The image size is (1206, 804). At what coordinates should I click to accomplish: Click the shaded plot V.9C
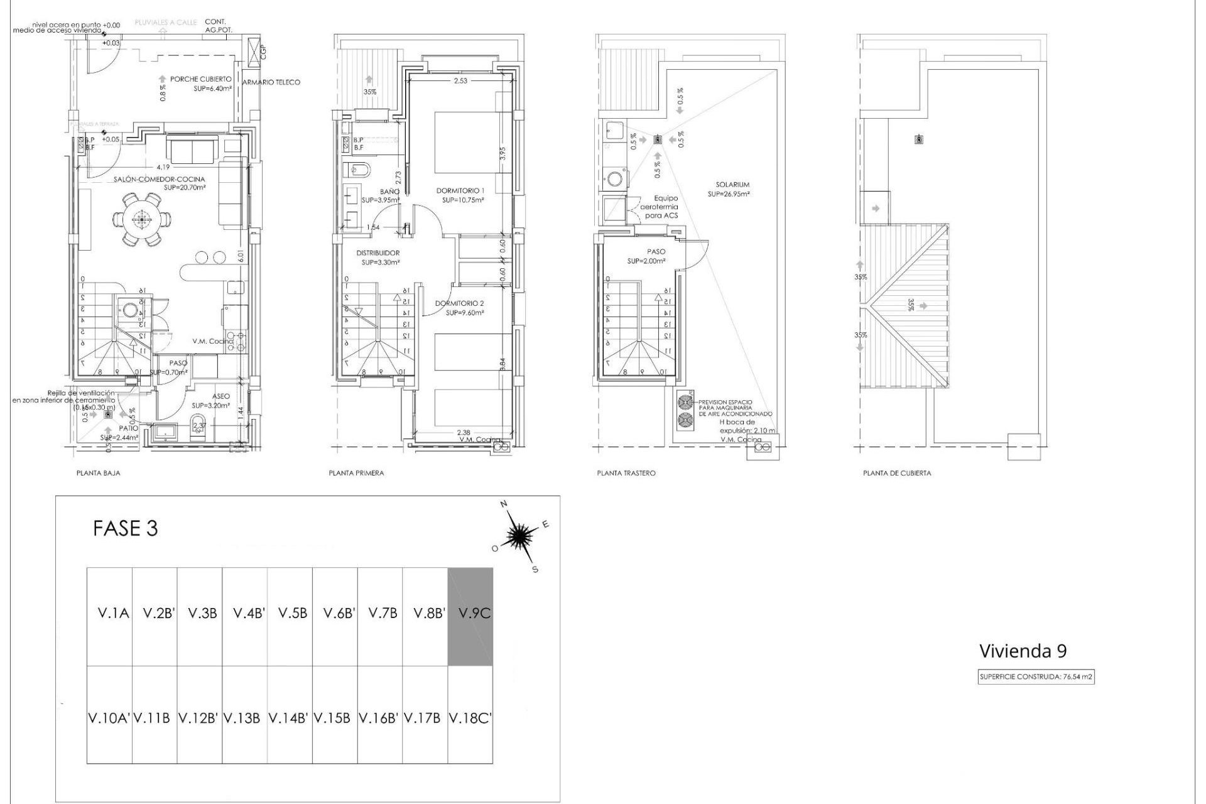click(470, 616)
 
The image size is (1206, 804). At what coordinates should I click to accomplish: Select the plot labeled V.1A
click(113, 613)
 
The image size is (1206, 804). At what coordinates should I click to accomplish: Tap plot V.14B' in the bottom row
click(288, 718)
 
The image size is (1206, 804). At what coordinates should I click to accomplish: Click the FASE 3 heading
click(125, 528)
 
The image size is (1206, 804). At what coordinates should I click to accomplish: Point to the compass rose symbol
click(520, 535)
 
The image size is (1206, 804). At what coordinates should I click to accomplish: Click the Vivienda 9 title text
click(1023, 651)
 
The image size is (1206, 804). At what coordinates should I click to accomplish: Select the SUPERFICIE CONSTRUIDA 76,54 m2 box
click(1036, 677)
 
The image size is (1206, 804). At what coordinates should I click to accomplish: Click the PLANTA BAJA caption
click(98, 473)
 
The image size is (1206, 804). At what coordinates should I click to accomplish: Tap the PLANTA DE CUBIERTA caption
click(896, 473)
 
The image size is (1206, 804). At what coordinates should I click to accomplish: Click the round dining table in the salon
click(141, 219)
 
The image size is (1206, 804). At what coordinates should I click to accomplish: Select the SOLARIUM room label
click(732, 185)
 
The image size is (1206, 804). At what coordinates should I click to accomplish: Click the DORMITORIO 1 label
click(460, 190)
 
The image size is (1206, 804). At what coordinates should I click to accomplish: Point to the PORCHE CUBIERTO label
click(200, 80)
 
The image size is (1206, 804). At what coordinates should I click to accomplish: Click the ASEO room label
click(220, 396)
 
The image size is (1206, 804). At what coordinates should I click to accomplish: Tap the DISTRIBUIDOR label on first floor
click(378, 253)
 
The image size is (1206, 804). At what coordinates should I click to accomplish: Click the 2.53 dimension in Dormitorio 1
click(460, 80)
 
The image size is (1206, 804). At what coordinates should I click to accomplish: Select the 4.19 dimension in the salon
click(163, 167)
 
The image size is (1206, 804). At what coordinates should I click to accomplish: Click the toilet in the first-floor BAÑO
click(357, 170)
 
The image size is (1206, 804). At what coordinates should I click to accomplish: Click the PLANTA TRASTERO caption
click(626, 473)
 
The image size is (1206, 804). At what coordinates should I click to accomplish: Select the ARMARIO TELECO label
click(271, 82)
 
